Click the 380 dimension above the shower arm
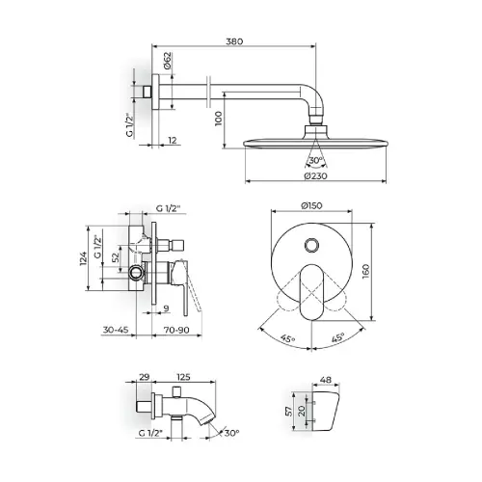tap(234, 41)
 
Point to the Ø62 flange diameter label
tap(168, 61)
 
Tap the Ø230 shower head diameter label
tap(315, 175)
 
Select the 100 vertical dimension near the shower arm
tap(218, 119)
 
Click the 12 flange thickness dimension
tap(173, 140)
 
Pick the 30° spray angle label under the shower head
tap(316, 160)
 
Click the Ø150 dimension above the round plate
tap(311, 205)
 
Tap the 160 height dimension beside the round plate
tap(365, 271)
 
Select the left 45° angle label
tap(287, 338)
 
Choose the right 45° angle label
tap(338, 337)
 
